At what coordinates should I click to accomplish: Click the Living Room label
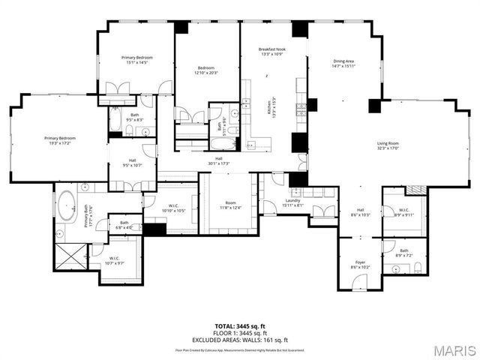click(x=388, y=145)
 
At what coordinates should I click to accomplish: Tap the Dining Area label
click(x=344, y=63)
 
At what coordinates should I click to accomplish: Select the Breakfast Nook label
click(x=272, y=52)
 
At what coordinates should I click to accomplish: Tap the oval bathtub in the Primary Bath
click(x=67, y=204)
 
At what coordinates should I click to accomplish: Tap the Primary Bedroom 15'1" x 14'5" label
click(x=138, y=60)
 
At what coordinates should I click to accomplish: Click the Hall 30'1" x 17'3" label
click(x=219, y=160)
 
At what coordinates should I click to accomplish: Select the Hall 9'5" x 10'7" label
click(x=132, y=163)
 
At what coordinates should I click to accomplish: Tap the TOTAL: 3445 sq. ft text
click(x=240, y=326)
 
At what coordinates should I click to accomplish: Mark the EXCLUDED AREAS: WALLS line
click(x=240, y=338)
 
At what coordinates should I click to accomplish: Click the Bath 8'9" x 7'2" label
click(x=404, y=253)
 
